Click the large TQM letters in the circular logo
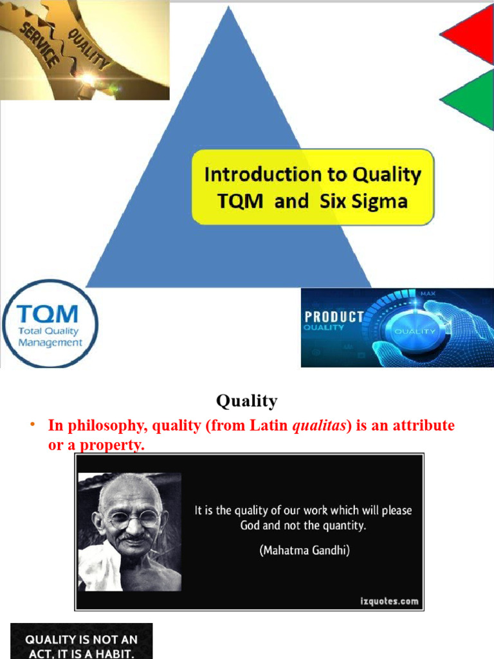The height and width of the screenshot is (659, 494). [48, 315]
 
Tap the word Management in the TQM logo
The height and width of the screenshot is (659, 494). [50, 342]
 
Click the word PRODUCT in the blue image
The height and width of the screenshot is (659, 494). [334, 317]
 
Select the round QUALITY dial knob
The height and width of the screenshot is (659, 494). [414, 331]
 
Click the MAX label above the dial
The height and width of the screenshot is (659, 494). [428, 294]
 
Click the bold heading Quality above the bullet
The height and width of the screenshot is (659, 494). [247, 401]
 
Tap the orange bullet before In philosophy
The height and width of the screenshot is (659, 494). [30, 426]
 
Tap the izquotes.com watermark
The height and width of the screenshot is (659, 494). [389, 602]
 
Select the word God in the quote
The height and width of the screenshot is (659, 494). [250, 525]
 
